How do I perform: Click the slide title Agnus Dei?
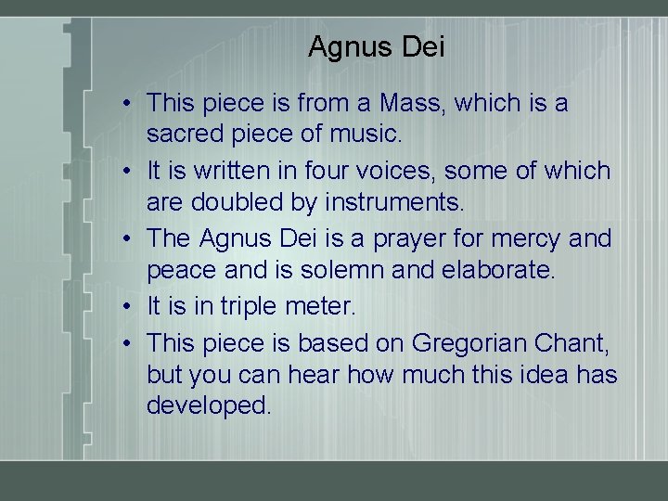(376, 46)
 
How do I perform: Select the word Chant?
(572, 342)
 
